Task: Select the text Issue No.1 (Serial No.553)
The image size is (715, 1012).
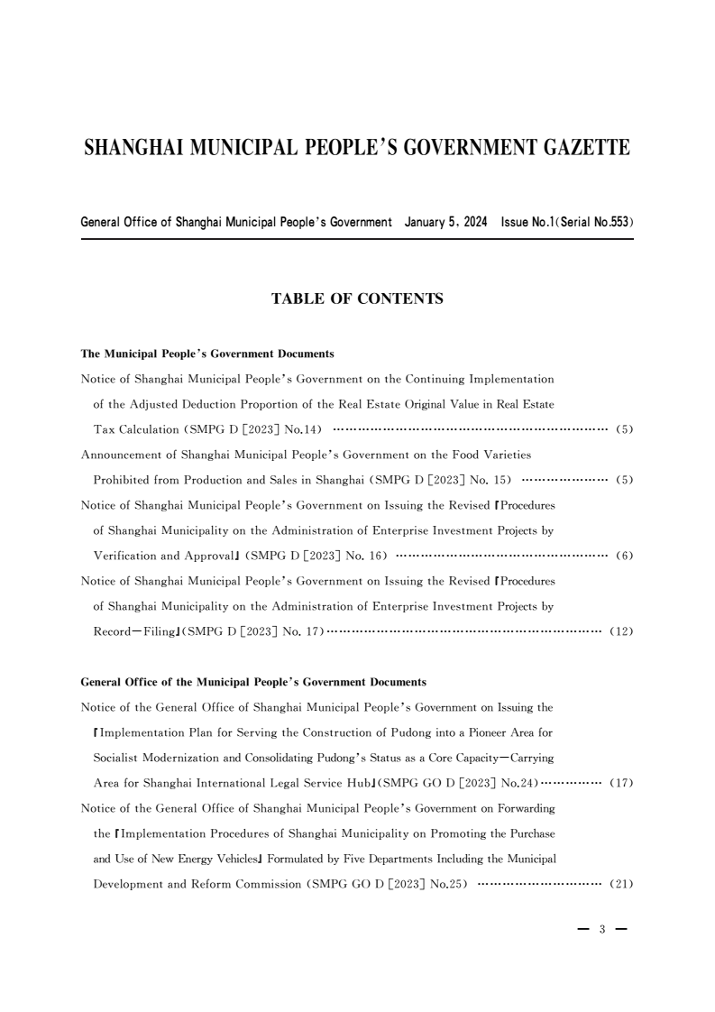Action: point(567,222)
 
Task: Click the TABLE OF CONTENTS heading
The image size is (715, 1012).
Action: point(357,299)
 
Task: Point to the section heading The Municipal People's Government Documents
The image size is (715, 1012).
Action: point(207,354)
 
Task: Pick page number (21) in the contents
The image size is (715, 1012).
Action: point(621,883)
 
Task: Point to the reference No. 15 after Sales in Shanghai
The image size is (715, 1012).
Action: point(492,480)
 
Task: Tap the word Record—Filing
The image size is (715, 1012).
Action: point(136,631)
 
